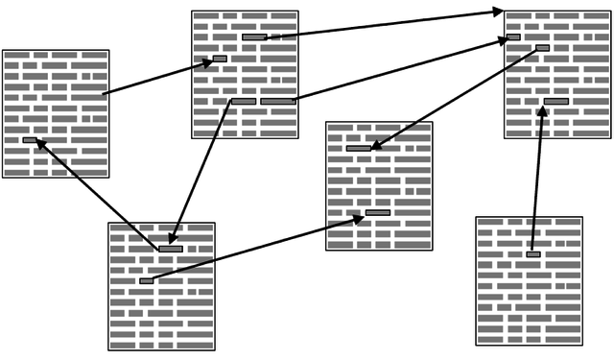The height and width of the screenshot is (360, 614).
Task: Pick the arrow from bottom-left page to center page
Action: click(x=254, y=249)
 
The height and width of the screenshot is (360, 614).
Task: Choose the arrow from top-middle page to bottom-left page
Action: click(x=201, y=173)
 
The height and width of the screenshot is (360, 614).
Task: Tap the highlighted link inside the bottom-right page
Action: click(x=533, y=254)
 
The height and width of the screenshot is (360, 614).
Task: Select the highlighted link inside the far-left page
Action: click(x=30, y=140)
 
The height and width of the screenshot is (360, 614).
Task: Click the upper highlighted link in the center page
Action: click(x=358, y=149)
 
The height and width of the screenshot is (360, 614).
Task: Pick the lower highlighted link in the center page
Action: click(x=378, y=212)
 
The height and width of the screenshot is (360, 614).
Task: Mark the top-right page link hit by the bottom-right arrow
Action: click(x=555, y=101)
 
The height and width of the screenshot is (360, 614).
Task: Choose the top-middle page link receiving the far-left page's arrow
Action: click(x=220, y=59)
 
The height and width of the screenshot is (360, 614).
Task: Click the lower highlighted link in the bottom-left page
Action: click(x=146, y=281)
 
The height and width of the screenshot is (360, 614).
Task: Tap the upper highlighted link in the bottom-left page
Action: click(x=171, y=249)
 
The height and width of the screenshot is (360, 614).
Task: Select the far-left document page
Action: click(x=56, y=113)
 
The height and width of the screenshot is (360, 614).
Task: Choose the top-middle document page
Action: click(x=245, y=74)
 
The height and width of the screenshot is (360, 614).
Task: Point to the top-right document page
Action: click(x=557, y=75)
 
